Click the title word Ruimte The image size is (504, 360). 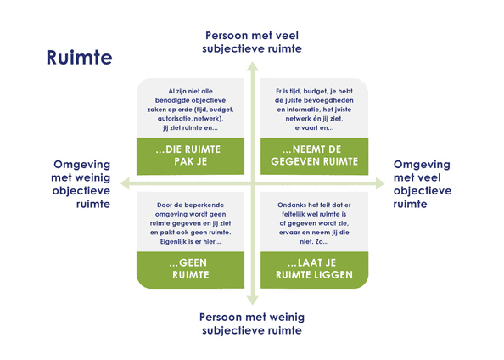point(80,57)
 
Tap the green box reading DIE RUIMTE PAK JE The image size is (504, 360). point(190,156)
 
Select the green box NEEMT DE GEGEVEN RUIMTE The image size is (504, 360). point(314,156)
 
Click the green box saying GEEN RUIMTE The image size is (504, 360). point(190,270)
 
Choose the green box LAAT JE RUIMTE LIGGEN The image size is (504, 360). point(314,270)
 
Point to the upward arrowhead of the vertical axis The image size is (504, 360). point(253,66)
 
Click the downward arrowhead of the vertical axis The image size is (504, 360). point(253,301)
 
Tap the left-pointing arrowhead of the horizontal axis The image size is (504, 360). point(125,183)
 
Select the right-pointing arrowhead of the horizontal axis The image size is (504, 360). point(380,183)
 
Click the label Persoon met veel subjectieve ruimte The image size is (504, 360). point(252,42)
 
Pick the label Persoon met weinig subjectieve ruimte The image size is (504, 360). point(252,323)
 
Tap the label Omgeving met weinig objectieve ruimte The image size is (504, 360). point(81,184)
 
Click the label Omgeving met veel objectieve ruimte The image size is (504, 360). point(423,184)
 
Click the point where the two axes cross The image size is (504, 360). point(253,183)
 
